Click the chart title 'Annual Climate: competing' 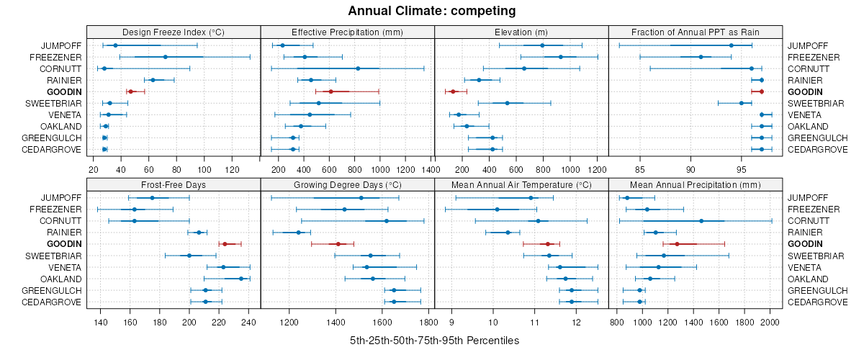tap(432, 11)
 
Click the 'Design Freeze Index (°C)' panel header tap(174, 32)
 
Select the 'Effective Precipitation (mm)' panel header tap(347, 32)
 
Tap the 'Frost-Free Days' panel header tap(174, 184)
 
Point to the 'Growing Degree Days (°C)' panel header tap(347, 184)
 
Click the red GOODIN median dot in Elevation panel tap(453, 91)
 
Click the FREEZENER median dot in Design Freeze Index tap(165, 57)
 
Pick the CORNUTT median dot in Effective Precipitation tap(358, 68)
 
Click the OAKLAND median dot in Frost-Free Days tap(241, 279)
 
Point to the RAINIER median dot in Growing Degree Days tap(298, 233)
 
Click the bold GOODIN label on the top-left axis tap(65, 92)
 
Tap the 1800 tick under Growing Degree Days tap(428, 322)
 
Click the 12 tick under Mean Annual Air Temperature tap(577, 322)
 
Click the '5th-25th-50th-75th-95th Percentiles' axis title tap(434, 340)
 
